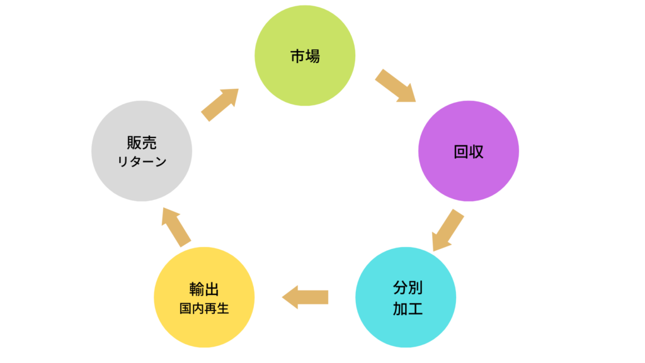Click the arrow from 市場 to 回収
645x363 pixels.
(x=396, y=86)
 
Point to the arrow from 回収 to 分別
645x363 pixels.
(x=448, y=231)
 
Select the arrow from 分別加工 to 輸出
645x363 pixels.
(x=305, y=297)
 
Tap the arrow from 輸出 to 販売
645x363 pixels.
(x=176, y=226)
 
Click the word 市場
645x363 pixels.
(x=305, y=56)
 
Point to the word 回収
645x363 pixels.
(x=469, y=152)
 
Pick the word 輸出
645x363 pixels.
(x=204, y=289)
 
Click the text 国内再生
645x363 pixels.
(x=204, y=309)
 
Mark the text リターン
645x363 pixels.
(x=142, y=162)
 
